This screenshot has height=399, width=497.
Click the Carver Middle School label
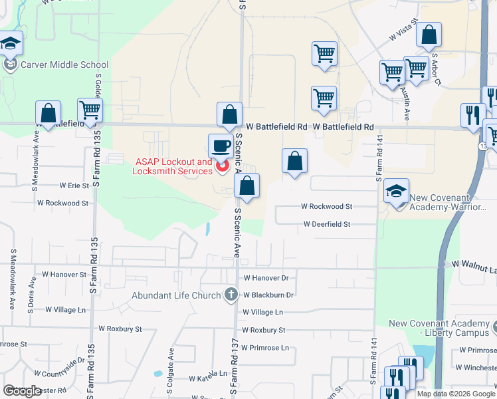click(64, 65)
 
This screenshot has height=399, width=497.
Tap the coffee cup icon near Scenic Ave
click(220, 146)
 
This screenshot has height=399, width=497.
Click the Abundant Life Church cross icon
click(231, 294)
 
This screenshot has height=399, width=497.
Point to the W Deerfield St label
click(326, 225)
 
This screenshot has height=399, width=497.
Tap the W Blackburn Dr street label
click(268, 295)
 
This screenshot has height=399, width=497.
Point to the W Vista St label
click(403, 31)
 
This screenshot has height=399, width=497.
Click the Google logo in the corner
click(21, 391)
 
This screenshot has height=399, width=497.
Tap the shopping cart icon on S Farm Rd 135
click(90, 110)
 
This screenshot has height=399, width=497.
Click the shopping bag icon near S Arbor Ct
click(429, 35)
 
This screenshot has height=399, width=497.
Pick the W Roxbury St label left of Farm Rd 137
click(120, 329)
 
